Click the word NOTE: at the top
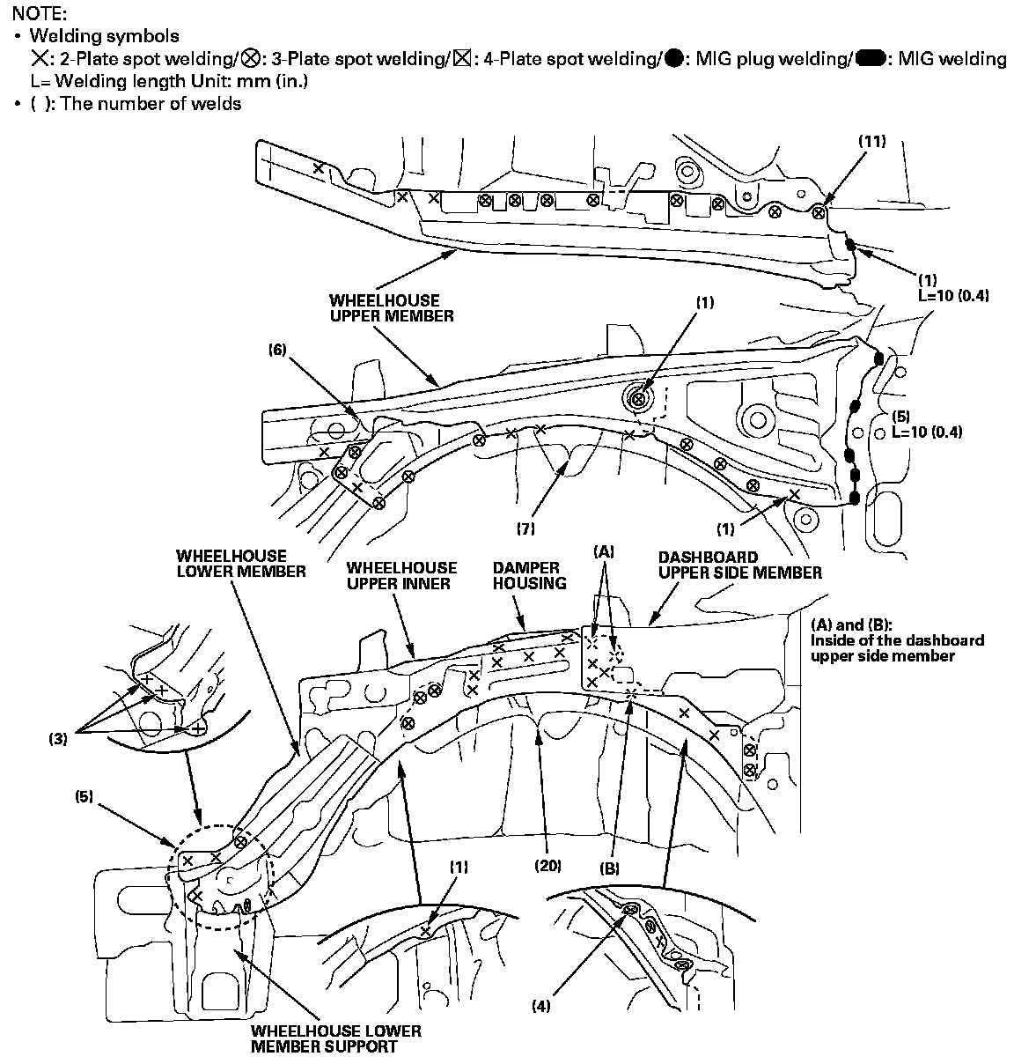[x=33, y=13]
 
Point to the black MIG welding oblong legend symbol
[x=871, y=59]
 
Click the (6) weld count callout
[x=278, y=350]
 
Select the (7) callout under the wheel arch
[x=525, y=528]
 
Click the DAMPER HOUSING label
[x=525, y=575]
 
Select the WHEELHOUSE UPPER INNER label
[x=401, y=575]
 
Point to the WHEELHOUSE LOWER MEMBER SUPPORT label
[x=335, y=1038]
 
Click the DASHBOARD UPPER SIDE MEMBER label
[x=739, y=565]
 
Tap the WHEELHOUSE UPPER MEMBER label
[x=392, y=307]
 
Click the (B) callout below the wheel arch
[x=609, y=868]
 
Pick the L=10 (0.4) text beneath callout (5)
[x=927, y=432]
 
